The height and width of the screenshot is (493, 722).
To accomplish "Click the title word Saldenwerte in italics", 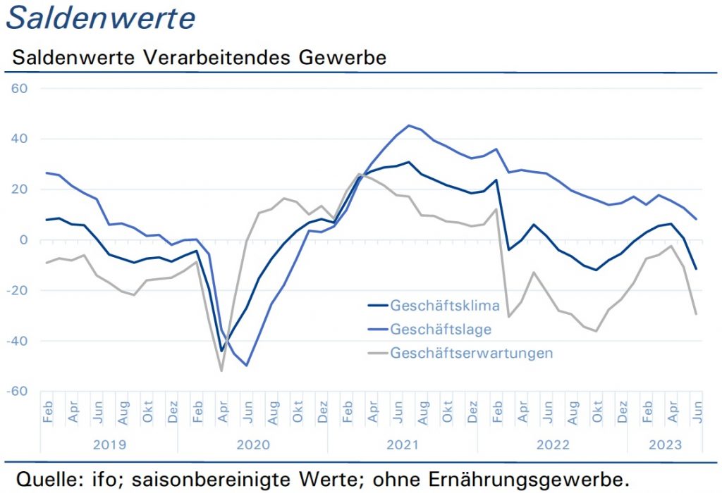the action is pos(100,18).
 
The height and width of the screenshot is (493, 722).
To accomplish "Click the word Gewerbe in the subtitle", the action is pos(342,58).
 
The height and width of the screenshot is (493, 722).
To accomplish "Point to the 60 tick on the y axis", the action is pos(19,88).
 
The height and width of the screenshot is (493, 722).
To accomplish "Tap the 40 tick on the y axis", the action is pos(19,139).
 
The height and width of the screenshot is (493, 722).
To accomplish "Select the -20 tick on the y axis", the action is pos(17,290).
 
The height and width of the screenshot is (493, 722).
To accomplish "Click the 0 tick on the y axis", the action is pos(24,239).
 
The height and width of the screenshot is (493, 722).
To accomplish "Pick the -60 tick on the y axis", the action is pos(17,392).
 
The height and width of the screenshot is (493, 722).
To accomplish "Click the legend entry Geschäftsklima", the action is pos(445,306).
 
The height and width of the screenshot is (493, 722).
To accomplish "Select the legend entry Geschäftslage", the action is pos(441,330).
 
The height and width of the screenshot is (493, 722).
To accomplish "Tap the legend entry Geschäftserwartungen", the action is pos(472,353).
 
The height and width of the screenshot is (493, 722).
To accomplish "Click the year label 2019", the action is pos(109,444).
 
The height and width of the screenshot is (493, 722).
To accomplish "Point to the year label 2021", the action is pos(403,444).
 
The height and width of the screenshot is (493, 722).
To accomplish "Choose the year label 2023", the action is pos(665,444).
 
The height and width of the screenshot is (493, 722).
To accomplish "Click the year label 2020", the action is pos(253,444).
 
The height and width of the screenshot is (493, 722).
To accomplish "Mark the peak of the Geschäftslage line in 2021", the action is pos(409,125).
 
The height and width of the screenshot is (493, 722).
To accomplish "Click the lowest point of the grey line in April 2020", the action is pos(221,370).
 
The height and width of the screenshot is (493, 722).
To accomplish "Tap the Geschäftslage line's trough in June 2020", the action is pos(247,366).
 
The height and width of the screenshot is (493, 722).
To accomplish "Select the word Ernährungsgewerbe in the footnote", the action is pos(529,480).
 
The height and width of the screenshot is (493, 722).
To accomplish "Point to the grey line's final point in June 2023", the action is pos(696,314).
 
